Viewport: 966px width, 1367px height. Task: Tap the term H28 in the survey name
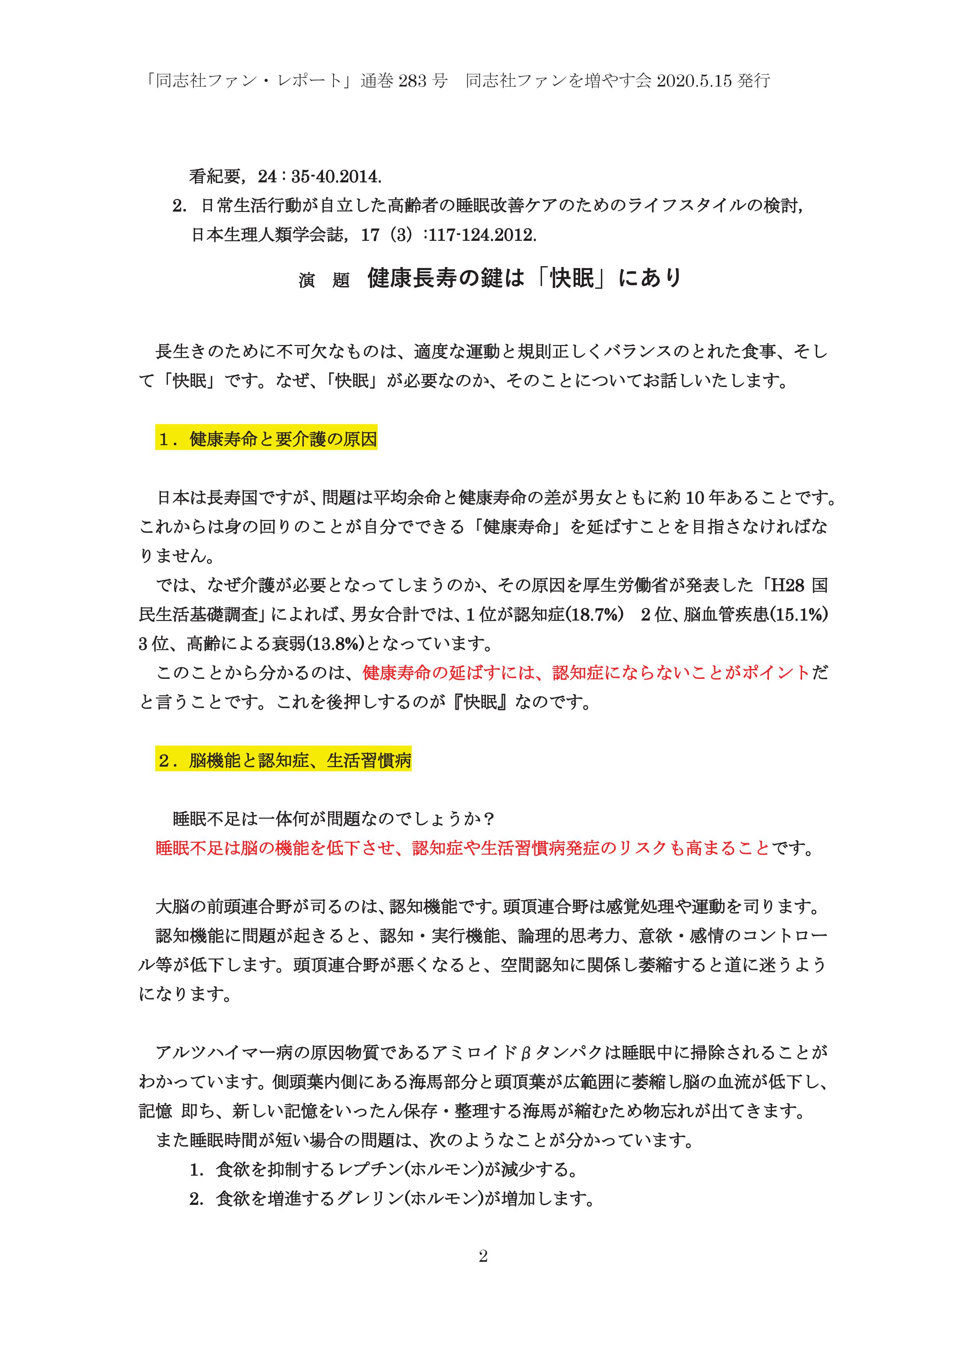(788, 585)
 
